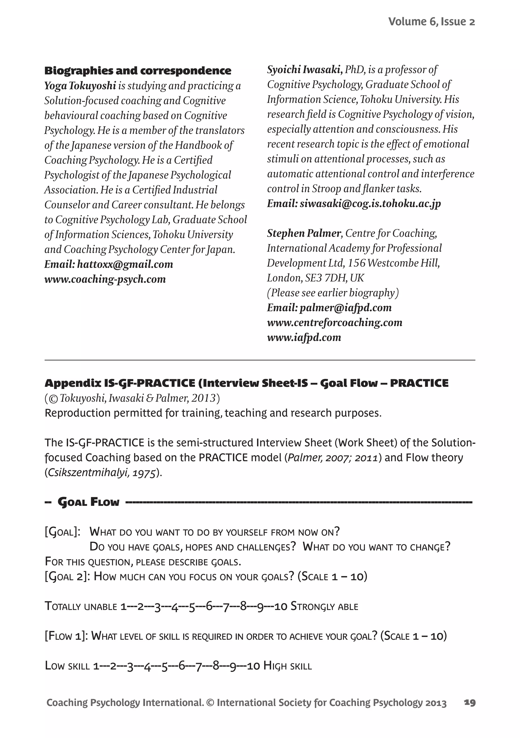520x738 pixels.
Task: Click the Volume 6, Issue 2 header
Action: (x=431, y=22)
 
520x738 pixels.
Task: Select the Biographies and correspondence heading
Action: (x=138, y=71)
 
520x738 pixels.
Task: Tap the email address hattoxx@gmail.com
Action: (x=125, y=264)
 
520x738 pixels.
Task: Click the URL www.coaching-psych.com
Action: (x=105, y=279)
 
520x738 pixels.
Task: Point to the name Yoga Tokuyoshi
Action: (x=80, y=86)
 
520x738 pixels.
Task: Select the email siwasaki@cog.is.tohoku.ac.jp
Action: (x=370, y=203)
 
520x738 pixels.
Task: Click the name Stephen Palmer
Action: (x=304, y=233)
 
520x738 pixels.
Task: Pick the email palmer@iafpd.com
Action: (x=346, y=308)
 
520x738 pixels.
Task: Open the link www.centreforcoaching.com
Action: (x=335, y=322)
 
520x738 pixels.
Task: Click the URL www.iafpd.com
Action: (x=304, y=337)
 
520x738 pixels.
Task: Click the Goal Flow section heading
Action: (x=88, y=502)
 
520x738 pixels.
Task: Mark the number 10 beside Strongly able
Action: (x=281, y=606)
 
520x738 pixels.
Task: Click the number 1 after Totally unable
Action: (x=123, y=606)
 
